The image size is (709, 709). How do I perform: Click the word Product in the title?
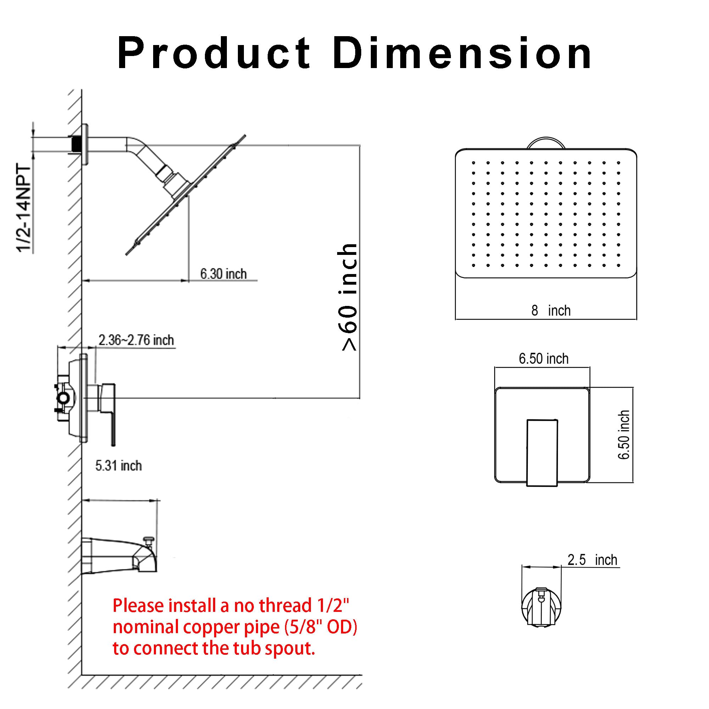pos(214,54)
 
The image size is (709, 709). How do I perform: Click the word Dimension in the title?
pos(462,54)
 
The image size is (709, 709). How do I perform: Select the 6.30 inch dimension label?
pos(223,274)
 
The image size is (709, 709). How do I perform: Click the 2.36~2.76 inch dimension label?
pos(136,340)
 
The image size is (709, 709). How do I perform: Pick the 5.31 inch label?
pos(118,466)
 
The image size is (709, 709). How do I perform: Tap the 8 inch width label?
pos(551,311)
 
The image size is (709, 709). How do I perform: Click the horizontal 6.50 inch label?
pos(543,358)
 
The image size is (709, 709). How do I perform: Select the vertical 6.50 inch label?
pos(624,435)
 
